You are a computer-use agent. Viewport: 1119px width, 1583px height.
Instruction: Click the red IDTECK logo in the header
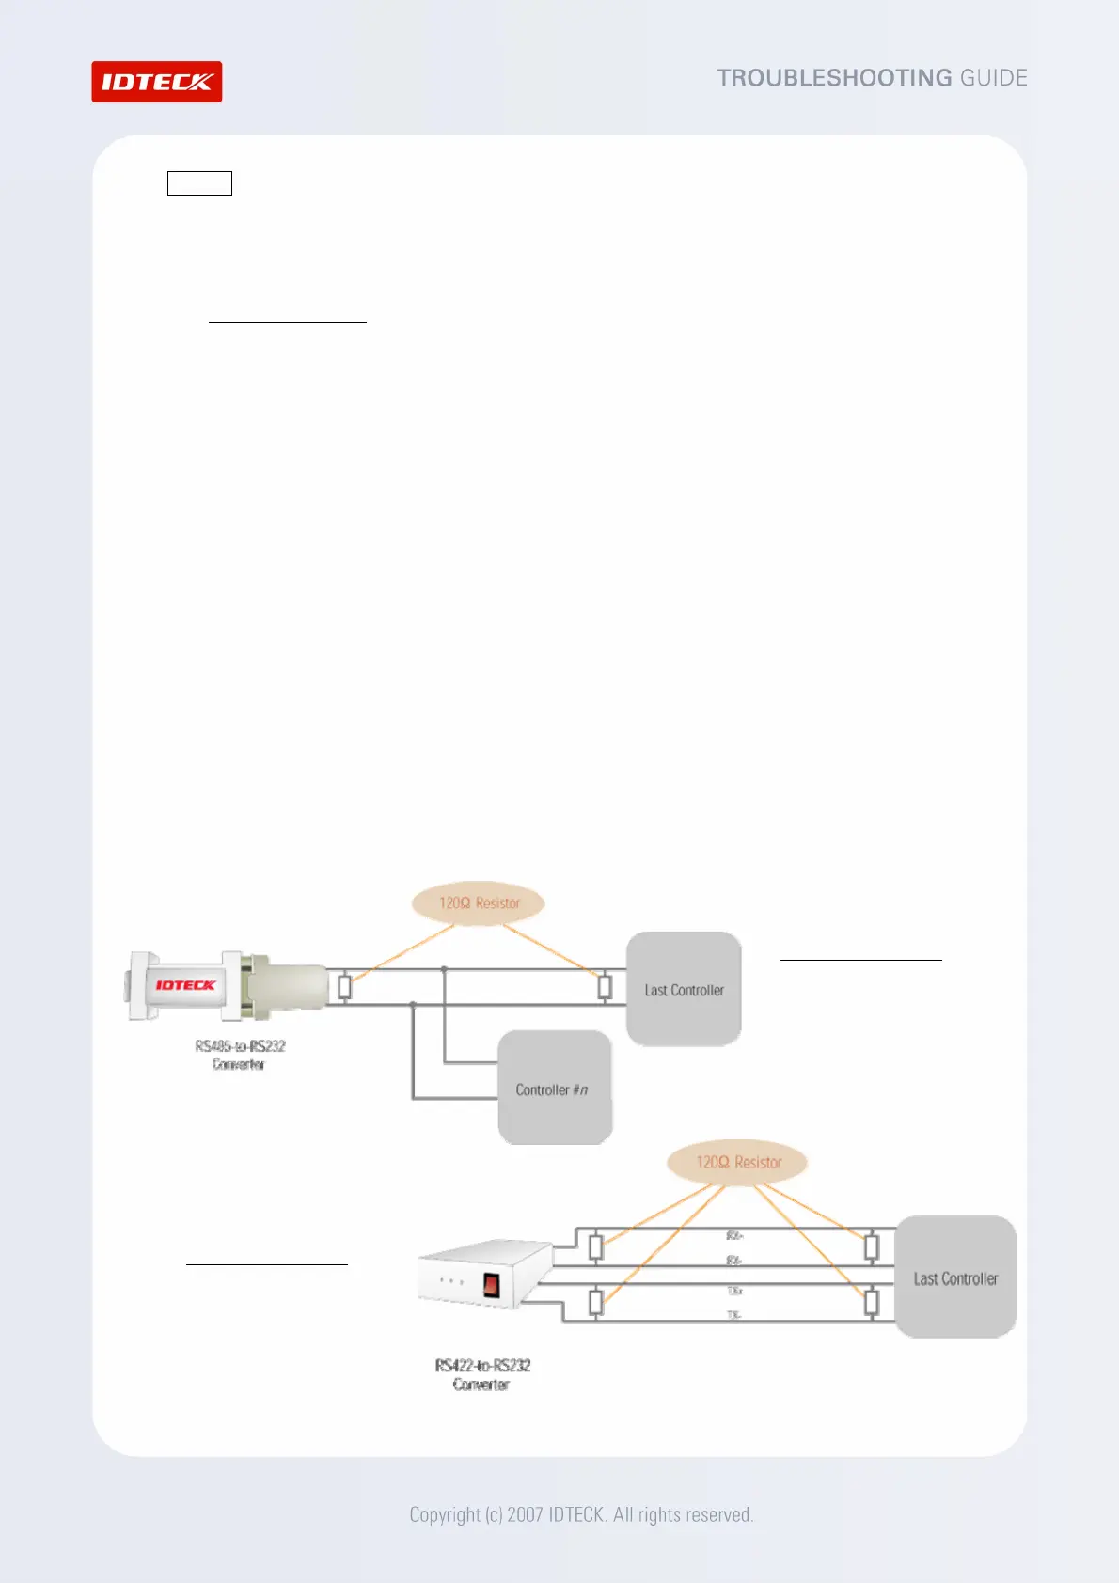tap(156, 82)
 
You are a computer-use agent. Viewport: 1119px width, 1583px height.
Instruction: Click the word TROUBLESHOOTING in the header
tap(834, 78)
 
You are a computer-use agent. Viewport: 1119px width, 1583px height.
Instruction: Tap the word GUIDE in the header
tap(993, 78)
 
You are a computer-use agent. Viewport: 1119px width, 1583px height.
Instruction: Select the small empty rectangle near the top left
tap(199, 183)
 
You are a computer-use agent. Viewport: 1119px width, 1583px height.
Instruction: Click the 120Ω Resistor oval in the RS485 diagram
tap(479, 903)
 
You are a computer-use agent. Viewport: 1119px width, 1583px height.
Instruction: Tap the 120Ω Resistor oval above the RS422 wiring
tap(738, 1163)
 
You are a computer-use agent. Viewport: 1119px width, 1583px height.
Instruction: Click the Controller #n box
tap(555, 1089)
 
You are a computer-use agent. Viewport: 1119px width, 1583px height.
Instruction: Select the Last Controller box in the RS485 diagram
tap(684, 990)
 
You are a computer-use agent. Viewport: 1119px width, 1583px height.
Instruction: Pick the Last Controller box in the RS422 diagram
tap(955, 1278)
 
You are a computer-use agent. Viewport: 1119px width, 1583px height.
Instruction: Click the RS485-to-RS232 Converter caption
tap(240, 1055)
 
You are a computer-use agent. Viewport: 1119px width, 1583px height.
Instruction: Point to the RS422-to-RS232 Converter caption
tap(482, 1374)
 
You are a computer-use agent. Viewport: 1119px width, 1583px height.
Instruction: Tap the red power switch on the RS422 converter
tap(491, 1284)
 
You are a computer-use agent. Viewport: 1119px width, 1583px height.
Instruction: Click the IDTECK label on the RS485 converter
tap(185, 985)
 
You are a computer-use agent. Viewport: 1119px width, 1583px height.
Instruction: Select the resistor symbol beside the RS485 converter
tap(345, 987)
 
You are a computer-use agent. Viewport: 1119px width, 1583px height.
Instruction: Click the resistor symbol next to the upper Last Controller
tap(605, 987)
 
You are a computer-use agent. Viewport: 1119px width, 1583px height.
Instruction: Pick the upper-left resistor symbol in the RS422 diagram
tap(595, 1247)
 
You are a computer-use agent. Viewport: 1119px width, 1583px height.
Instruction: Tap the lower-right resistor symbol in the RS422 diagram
tap(872, 1303)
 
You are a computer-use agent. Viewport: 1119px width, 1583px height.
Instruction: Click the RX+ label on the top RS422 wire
tap(734, 1235)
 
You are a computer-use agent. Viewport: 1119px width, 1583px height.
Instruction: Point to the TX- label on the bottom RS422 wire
tap(734, 1315)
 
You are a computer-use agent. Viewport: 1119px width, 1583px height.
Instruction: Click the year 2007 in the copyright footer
tap(525, 1514)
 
